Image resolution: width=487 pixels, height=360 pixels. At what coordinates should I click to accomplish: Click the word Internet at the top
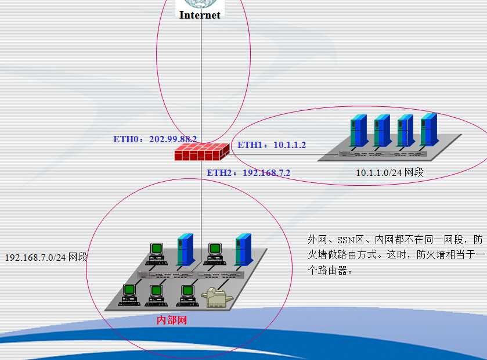pos(200,15)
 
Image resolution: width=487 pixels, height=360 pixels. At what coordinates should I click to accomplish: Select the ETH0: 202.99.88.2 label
pos(155,139)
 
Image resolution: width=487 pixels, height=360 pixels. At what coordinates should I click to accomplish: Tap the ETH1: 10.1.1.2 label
pos(272,145)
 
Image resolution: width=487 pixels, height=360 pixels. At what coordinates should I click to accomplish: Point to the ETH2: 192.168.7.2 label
pos(248,172)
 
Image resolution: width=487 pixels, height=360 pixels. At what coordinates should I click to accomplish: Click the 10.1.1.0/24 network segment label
pos(389,172)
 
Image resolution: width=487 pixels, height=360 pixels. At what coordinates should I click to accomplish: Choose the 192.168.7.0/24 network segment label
pos(46,257)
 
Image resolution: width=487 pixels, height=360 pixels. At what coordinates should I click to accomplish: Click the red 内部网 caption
pos(172,319)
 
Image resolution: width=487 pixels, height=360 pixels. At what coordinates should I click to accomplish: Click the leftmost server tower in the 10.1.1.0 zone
pos(358,131)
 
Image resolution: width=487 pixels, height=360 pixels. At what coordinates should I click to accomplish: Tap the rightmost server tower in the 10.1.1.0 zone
pos(428,129)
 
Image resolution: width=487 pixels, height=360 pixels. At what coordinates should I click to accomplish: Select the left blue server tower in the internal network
pos(185,250)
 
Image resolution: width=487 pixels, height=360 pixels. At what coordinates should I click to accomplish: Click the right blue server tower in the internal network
pos(242,250)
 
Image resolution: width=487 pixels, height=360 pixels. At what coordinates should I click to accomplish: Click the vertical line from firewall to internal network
pos(201,203)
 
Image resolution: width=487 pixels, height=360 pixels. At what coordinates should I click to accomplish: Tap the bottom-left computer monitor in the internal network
pos(129,293)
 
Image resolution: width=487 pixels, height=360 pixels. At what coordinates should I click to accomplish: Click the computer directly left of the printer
pos(187,293)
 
